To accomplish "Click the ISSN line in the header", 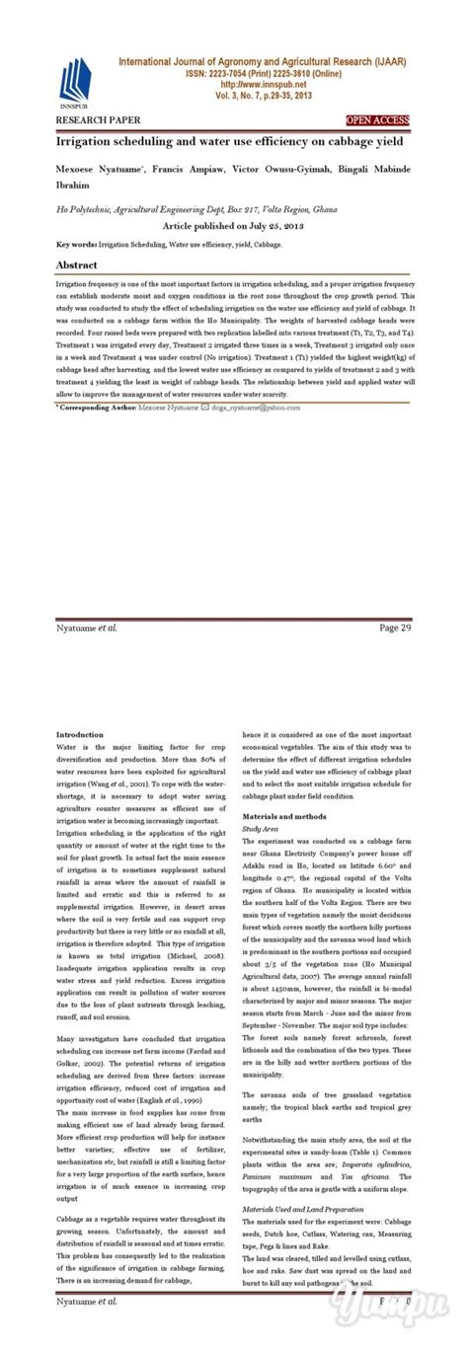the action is click(261, 73).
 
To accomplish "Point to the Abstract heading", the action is click(76, 266).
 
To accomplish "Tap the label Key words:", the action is click(77, 243).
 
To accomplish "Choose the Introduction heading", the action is click(79, 735).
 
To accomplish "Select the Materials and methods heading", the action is click(284, 818).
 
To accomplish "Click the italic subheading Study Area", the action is click(261, 830).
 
